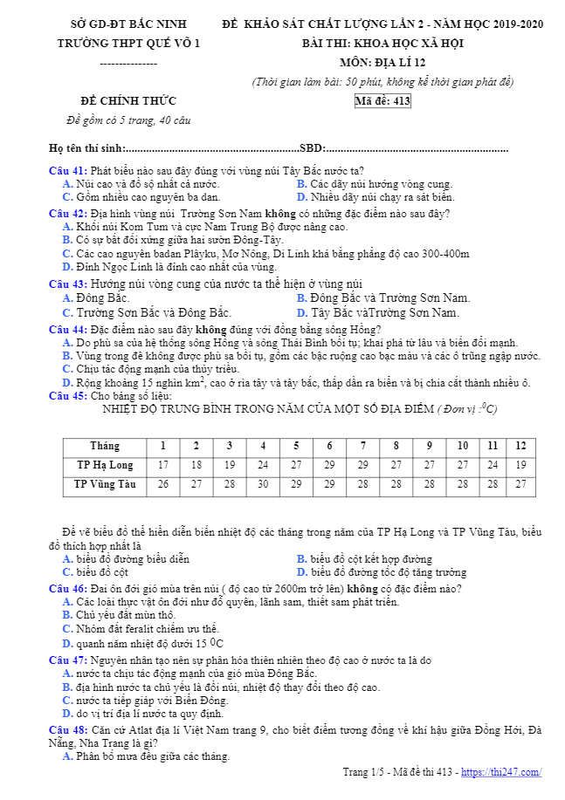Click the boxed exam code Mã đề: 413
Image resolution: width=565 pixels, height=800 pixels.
tap(382, 101)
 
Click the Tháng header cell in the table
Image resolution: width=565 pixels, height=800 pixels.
tap(105, 446)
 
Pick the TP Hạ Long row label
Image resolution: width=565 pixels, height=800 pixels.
tap(105, 465)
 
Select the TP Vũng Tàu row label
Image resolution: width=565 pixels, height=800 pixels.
tap(105, 484)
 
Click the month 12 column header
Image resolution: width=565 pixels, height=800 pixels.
tap(520, 446)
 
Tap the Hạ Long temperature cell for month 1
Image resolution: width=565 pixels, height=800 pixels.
tap(162, 465)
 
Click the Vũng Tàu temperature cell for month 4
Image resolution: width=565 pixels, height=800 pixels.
tap(263, 484)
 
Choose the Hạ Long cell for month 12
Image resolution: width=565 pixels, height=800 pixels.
tap(520, 465)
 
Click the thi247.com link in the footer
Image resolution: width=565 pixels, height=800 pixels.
tap(500, 772)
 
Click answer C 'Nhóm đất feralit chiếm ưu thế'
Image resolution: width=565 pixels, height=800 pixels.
tap(141, 628)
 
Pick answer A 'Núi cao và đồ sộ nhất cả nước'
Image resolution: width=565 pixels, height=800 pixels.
tap(141, 184)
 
